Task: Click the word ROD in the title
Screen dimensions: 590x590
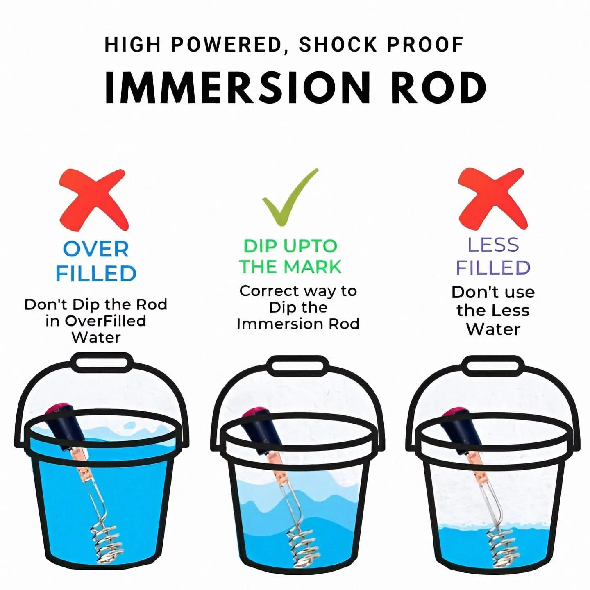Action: click(439, 88)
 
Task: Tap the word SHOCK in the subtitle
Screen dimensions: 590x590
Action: click(338, 45)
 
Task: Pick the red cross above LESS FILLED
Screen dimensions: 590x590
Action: click(492, 199)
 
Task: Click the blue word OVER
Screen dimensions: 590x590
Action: click(96, 249)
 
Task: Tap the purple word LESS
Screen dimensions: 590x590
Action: click(493, 245)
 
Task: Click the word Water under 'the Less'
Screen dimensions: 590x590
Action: click(493, 329)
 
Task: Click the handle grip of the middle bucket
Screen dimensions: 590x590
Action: click(298, 365)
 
